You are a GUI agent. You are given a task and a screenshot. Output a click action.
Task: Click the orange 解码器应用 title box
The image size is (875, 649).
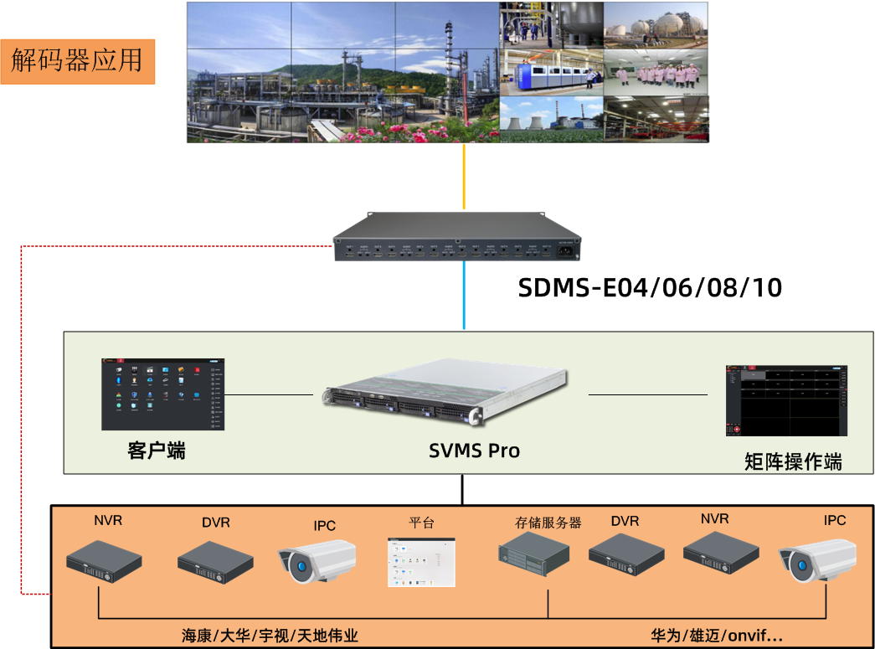[78, 60]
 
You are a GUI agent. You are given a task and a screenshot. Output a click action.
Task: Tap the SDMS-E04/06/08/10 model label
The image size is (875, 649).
[650, 288]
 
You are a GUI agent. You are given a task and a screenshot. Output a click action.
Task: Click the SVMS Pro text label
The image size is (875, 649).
[474, 451]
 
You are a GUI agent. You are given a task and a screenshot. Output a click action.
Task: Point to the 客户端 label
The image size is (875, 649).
[157, 451]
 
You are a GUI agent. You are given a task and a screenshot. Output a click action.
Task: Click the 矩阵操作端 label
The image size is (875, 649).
[793, 461]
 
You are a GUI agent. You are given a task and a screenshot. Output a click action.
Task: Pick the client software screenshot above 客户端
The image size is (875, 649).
[163, 394]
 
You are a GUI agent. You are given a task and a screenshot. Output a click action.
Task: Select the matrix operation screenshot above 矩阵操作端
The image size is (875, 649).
[786, 400]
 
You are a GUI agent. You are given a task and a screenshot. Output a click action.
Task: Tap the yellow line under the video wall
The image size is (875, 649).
[464, 176]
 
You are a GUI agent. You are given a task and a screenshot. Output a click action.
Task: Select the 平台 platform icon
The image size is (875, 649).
[422, 562]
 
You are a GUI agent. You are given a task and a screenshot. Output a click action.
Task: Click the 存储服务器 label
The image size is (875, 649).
[548, 523]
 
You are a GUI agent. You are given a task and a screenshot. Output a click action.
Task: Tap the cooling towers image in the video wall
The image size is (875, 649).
[552, 119]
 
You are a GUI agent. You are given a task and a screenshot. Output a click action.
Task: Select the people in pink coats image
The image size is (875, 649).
[656, 72]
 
